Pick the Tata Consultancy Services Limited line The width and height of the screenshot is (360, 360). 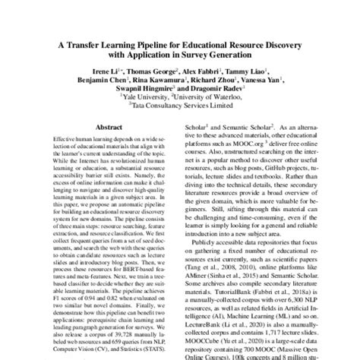pos(181,108)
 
